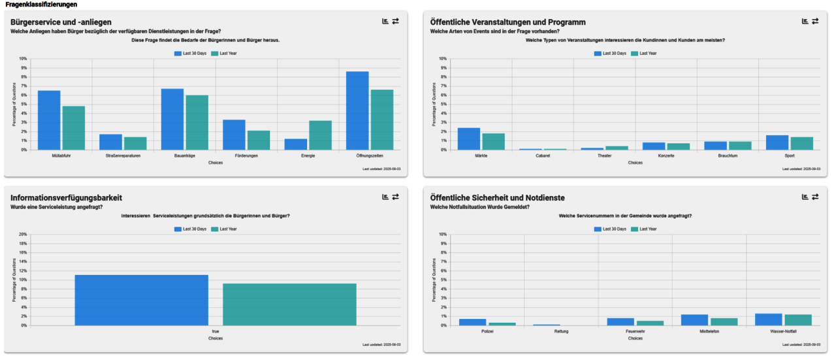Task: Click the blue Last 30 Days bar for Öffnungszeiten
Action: pyautogui.click(x=357, y=110)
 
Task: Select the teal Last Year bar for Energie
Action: pyautogui.click(x=320, y=135)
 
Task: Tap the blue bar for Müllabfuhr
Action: pyautogui.click(x=49, y=120)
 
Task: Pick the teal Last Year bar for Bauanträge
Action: pyautogui.click(x=197, y=123)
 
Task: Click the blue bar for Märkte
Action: pyautogui.click(x=468, y=139)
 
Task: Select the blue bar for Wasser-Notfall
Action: pyautogui.click(x=767, y=319)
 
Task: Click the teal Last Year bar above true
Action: pyautogui.click(x=289, y=304)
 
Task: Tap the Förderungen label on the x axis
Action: pyautogui.click(x=246, y=156)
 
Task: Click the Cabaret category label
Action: pyautogui.click(x=542, y=156)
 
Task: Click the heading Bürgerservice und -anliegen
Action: pyautogui.click(x=61, y=22)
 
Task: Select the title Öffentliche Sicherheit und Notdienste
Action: pyautogui.click(x=497, y=198)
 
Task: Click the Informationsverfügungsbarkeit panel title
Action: pyautogui.click(x=66, y=198)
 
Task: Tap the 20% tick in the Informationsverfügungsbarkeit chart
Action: pyautogui.click(x=23, y=235)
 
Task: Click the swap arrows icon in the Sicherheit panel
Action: pyautogui.click(x=815, y=197)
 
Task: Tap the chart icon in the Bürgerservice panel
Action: pyautogui.click(x=385, y=22)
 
